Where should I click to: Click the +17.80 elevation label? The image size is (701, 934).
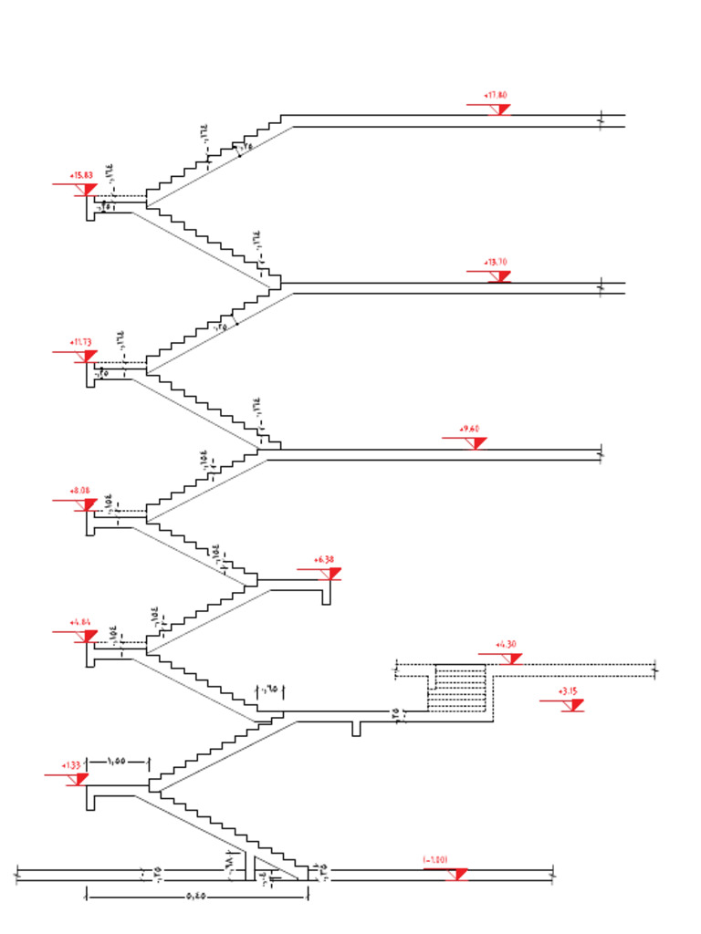pyautogui.click(x=496, y=95)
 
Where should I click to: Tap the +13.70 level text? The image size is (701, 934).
pyautogui.click(x=497, y=262)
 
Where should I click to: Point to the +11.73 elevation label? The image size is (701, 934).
pyautogui.click(x=80, y=342)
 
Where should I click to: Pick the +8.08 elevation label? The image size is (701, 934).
pyautogui.click(x=80, y=491)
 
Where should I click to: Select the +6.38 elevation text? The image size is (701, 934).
pyautogui.click(x=324, y=559)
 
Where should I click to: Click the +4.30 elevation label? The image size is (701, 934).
pyautogui.click(x=506, y=644)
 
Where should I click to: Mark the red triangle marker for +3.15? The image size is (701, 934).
pyautogui.click(x=575, y=705)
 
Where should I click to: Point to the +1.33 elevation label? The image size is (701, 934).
pyautogui.click(x=71, y=765)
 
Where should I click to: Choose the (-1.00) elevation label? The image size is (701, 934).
pyautogui.click(x=434, y=859)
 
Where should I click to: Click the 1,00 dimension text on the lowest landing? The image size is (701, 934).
pyautogui.click(x=116, y=761)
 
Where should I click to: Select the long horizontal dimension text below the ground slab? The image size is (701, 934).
pyautogui.click(x=194, y=898)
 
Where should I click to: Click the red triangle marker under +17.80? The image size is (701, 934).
pyautogui.click(x=500, y=109)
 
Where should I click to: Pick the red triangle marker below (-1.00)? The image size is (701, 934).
pyautogui.click(x=459, y=875)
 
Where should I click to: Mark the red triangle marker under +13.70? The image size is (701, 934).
pyautogui.click(x=498, y=277)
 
